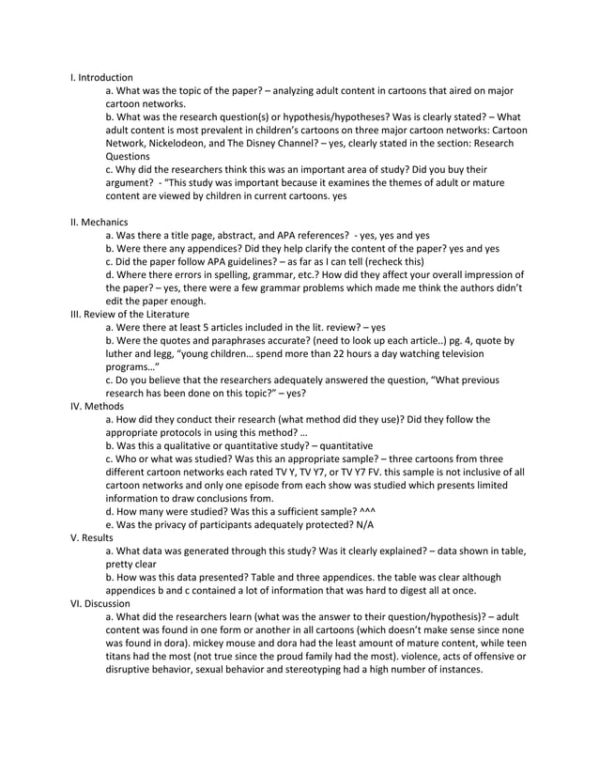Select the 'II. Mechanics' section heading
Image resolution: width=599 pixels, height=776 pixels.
tap(100, 222)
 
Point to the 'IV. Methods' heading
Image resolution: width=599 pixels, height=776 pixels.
tap(97, 406)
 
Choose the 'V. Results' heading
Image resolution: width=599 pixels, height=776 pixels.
tap(94, 537)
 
